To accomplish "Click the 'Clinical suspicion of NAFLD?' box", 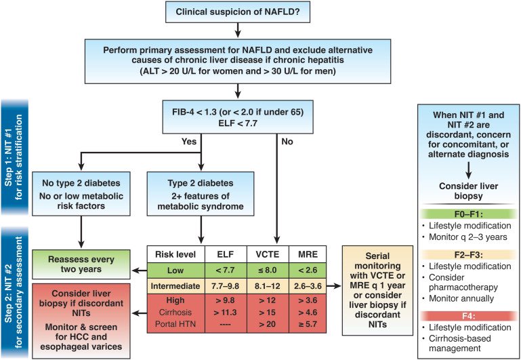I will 236,12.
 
